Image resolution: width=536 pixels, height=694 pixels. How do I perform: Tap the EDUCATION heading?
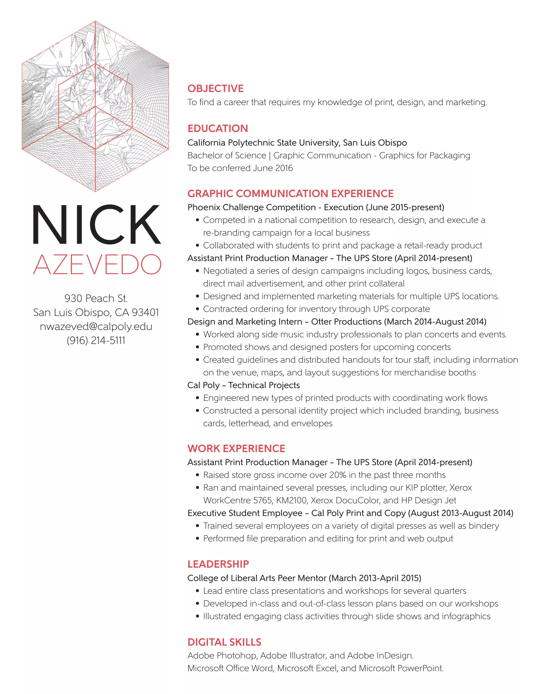pyautogui.click(x=217, y=128)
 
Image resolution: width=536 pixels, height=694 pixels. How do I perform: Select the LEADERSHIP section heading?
pyautogui.click(x=218, y=564)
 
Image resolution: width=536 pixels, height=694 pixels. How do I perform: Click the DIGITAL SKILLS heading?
pyautogui.click(x=224, y=642)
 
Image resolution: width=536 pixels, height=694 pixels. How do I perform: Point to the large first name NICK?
pyautogui.click(x=97, y=225)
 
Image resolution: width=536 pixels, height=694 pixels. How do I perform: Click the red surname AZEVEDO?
pyautogui.click(x=97, y=265)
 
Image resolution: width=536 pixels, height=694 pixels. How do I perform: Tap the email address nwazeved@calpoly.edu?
pyautogui.click(x=96, y=326)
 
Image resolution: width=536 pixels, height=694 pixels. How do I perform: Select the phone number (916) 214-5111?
pyautogui.click(x=96, y=340)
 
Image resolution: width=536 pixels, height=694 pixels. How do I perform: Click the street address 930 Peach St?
pyautogui.click(x=96, y=298)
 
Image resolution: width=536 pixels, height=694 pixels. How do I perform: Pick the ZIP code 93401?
pyautogui.click(x=145, y=312)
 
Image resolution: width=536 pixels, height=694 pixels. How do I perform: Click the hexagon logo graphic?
pyautogui.click(x=95, y=106)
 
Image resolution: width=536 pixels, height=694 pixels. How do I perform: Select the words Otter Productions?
pyautogui.click(x=346, y=322)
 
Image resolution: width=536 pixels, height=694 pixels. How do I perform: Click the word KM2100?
pyautogui.click(x=292, y=500)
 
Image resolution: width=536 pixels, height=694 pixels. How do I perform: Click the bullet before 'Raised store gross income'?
pyautogui.click(x=198, y=475)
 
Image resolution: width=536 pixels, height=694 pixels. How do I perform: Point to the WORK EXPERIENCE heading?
pyautogui.click(x=236, y=448)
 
